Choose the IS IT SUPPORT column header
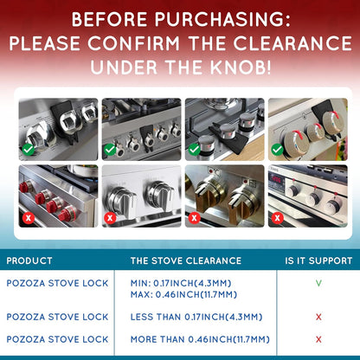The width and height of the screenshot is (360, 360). point(318,260)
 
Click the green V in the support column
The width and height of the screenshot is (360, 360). point(318,283)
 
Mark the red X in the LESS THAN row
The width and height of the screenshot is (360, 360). point(318,318)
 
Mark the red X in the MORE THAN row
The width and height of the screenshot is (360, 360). point(318,339)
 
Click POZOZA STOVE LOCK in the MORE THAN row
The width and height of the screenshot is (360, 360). point(57,339)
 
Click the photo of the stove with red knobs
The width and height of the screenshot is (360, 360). point(58,196)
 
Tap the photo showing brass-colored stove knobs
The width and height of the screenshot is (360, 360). point(223,196)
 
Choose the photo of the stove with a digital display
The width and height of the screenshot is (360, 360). point(306,196)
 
